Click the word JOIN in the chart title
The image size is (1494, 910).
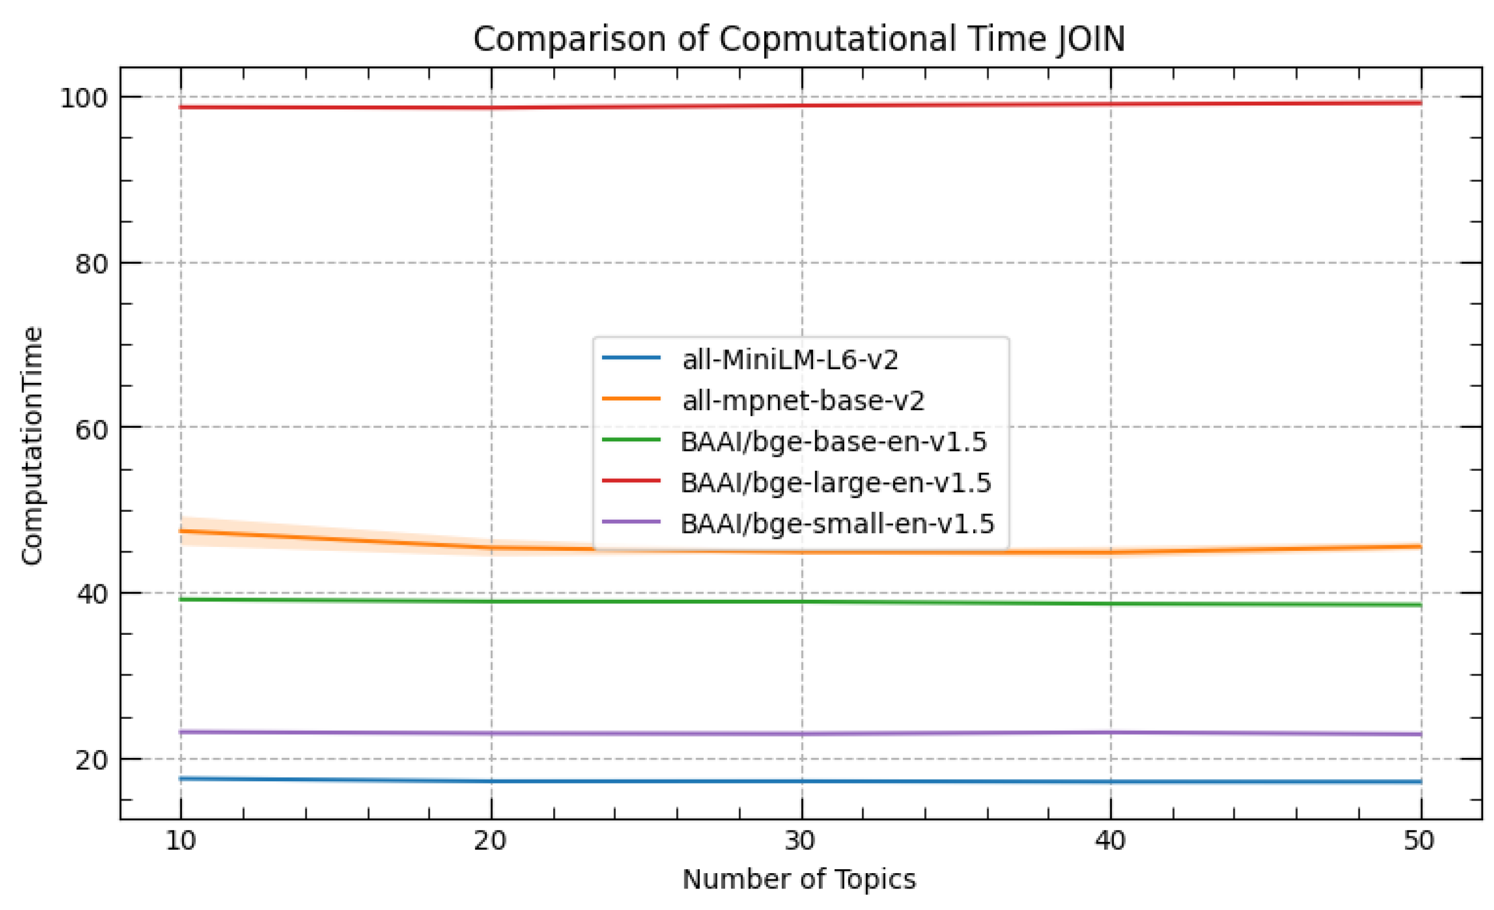1091,39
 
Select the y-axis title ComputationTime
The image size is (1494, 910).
32,445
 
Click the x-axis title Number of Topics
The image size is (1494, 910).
798,879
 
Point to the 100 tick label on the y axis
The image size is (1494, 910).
83,98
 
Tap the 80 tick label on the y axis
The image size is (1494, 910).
91,264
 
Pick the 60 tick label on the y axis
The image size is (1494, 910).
91,429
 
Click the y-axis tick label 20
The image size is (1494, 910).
91,760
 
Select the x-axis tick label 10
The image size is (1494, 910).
180,841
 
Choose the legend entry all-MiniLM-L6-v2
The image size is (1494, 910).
789,360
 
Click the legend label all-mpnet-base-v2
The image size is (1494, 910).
803,401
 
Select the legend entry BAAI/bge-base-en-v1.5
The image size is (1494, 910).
833,441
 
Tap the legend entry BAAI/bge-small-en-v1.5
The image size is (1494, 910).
837,523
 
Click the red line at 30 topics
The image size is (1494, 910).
802,105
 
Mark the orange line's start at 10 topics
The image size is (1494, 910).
180,531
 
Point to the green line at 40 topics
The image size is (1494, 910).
1111,603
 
